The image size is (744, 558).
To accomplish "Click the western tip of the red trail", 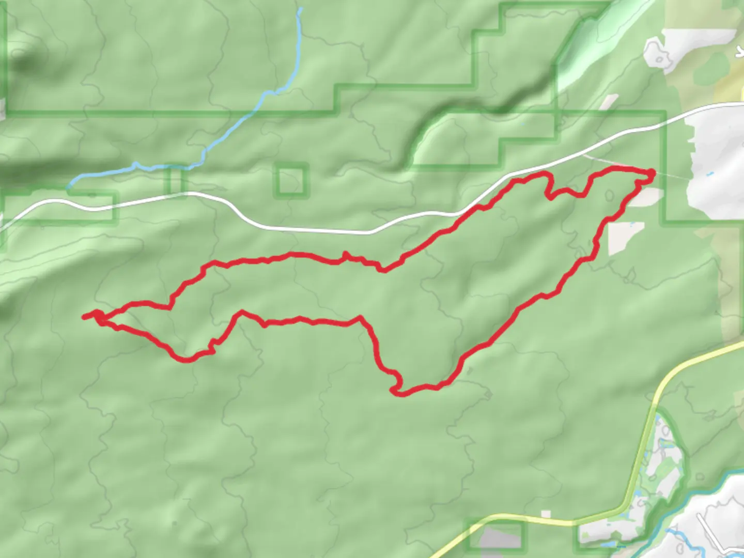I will pos(84,317).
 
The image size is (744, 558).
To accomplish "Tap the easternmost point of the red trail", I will pos(653,173).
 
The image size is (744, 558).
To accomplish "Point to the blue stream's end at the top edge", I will pos(300,9).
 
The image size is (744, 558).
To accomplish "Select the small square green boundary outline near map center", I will pos(291,180).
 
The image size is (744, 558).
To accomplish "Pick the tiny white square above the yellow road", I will pos(546,514).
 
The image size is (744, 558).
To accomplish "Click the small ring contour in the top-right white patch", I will pos(660,59).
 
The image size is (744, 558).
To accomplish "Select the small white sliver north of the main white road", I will pos(610,102).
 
